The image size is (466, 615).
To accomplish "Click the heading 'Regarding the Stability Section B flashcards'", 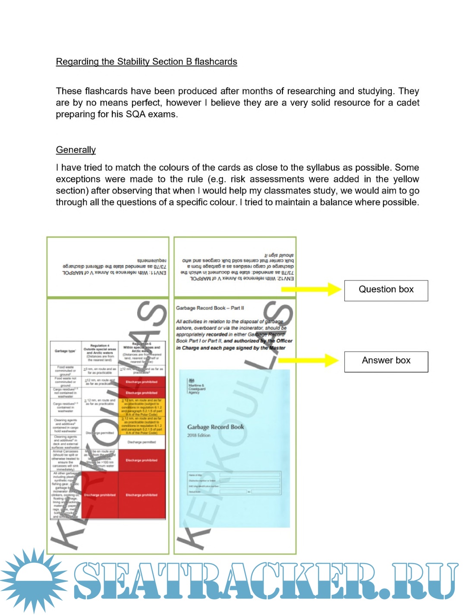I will pyautogui.click(x=146, y=62).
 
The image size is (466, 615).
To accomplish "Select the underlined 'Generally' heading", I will pyautogui.click(x=76, y=150).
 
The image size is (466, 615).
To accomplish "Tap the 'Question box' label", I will pyautogui.click(x=386, y=290).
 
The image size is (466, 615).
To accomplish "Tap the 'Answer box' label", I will pyautogui.click(x=386, y=360).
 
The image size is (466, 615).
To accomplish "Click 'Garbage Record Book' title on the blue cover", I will pyautogui.click(x=215, y=427).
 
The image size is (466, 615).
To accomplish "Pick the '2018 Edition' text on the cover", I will pyautogui.click(x=198, y=435).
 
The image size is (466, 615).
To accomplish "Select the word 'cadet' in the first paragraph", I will pyautogui.click(x=408, y=103).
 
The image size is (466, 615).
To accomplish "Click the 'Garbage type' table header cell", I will pyautogui.click(x=65, y=351).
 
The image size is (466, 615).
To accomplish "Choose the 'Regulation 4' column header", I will pyautogui.click(x=100, y=346).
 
